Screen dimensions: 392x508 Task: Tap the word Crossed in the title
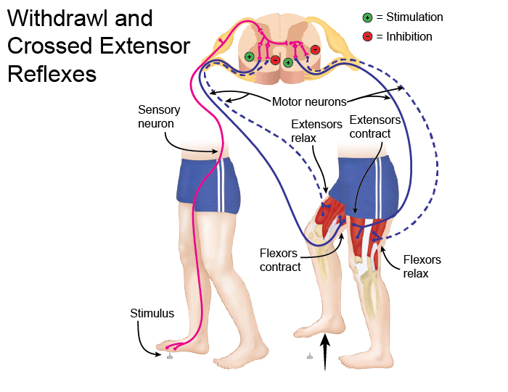(x=52, y=47)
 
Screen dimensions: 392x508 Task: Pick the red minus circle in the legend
(x=369, y=36)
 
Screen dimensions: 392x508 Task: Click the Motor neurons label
(x=309, y=101)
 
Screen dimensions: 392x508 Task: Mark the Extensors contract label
(x=374, y=127)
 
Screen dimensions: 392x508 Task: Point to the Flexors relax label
(x=422, y=267)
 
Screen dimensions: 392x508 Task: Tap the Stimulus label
(x=152, y=314)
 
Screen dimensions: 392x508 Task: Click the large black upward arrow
(x=327, y=351)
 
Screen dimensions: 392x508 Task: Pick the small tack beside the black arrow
(x=309, y=355)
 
